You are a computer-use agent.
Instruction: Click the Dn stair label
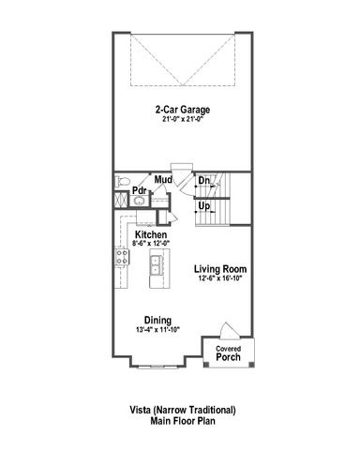tap(203, 181)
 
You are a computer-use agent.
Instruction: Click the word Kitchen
tap(151, 234)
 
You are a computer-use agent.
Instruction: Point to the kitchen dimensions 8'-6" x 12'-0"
tap(151, 244)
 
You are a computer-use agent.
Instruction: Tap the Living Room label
tap(220, 269)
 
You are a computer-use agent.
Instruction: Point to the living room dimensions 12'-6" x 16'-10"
tap(220, 279)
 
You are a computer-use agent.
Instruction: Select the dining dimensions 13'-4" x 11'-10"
tap(157, 329)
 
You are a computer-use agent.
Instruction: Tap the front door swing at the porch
tap(226, 332)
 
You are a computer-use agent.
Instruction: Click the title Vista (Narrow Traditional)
tap(183, 410)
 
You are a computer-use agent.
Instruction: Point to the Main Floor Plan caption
tap(183, 422)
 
